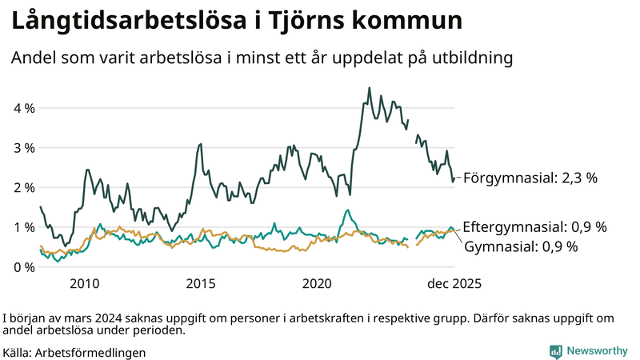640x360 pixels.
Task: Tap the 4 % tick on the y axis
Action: click(x=23, y=108)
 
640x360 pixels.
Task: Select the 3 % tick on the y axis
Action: click(x=23, y=148)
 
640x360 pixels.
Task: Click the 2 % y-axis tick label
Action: click(x=23, y=187)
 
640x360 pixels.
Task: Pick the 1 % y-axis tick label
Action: click(x=23, y=227)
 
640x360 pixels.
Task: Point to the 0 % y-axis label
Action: click(x=23, y=266)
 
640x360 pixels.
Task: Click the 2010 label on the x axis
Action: click(x=84, y=283)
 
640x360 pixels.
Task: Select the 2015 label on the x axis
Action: click(x=201, y=283)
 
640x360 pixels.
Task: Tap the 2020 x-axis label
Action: click(x=317, y=283)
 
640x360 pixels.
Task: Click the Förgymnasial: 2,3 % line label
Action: click(x=530, y=178)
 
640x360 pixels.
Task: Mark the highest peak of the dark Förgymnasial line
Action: click(x=369, y=88)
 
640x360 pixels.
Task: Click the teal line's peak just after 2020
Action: click(x=347, y=210)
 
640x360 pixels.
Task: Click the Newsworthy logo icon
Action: click(x=555, y=351)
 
